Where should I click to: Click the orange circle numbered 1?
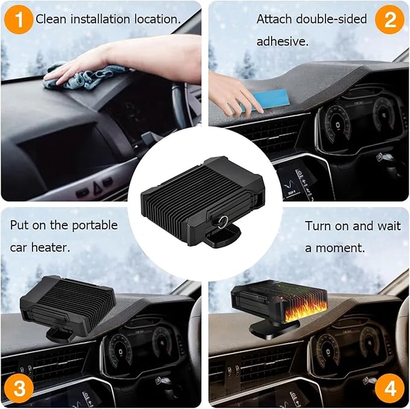[21, 19]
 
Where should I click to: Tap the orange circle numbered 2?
[389, 19]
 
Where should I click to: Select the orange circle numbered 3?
[20, 388]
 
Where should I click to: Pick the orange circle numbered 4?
[389, 388]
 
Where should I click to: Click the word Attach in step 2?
[273, 19]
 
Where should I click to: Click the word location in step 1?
[159, 19]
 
